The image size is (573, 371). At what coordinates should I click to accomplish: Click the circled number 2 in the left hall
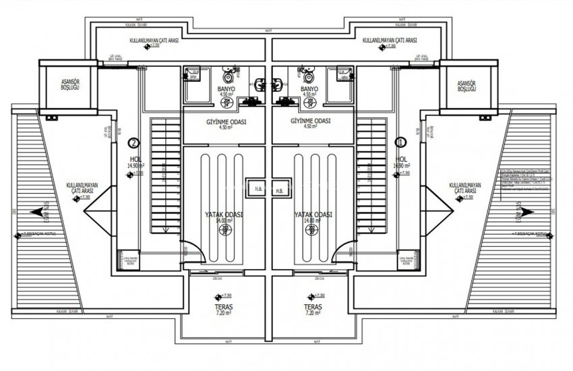(133, 143)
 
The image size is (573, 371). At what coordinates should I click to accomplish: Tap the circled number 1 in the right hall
(401, 143)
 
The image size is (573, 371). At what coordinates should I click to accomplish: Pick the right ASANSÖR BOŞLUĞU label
(466, 84)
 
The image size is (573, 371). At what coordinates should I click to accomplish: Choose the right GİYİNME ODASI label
(311, 121)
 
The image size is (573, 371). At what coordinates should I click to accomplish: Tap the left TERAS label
(225, 306)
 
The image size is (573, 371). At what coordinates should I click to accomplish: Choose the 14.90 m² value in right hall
(402, 165)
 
